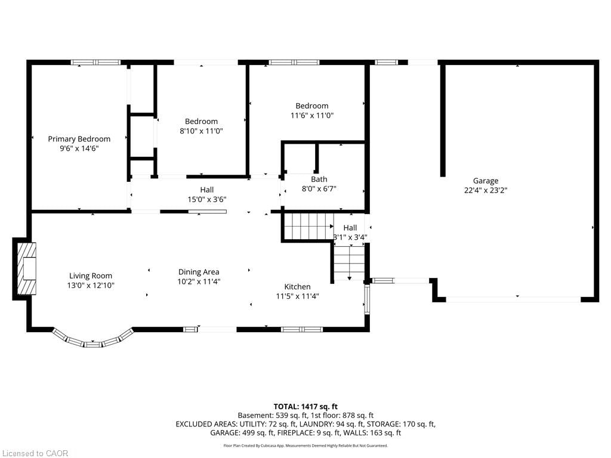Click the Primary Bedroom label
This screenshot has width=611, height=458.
click(x=79, y=139)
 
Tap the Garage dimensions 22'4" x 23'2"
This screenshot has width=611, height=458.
click(x=485, y=190)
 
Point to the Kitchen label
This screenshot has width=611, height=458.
click(x=297, y=287)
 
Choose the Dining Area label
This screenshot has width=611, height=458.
click(x=199, y=272)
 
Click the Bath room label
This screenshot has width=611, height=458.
click(x=319, y=179)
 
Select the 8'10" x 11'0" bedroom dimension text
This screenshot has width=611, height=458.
click(x=201, y=131)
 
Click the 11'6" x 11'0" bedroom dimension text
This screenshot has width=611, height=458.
click(x=311, y=115)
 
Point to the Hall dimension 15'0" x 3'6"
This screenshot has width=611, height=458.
click(x=206, y=199)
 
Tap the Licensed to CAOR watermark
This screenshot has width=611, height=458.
click(x=35, y=453)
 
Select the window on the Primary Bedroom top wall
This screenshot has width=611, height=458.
click(x=95, y=62)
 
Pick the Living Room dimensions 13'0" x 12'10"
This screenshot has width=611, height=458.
click(x=91, y=285)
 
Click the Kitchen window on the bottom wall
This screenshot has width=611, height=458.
click(x=301, y=329)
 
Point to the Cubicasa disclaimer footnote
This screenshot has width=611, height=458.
click(x=305, y=445)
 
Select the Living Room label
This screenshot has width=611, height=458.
click(x=91, y=276)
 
